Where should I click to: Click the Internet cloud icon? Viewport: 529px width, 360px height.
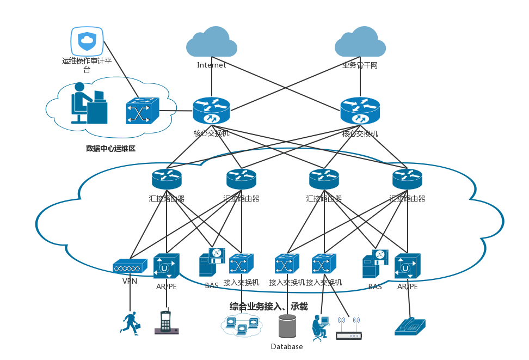pyautogui.click(x=211, y=42)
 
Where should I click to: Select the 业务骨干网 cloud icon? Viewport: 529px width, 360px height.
pyautogui.click(x=360, y=42)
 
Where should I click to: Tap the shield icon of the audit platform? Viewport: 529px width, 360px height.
pyautogui.click(x=87, y=41)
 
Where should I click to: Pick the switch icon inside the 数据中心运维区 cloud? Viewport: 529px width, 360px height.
pyautogui.click(x=142, y=111)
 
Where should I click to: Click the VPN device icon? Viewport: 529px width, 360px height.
pyautogui.click(x=130, y=266)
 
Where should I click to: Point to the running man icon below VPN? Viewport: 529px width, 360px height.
pyautogui.click(x=130, y=322)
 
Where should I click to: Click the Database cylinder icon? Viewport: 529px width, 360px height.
pyautogui.click(x=287, y=326)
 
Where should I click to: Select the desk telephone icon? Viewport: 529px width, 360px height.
pyautogui.click(x=410, y=326)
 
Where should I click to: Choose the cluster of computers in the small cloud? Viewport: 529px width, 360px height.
pyautogui.click(x=241, y=325)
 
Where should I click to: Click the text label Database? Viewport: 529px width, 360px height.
pyautogui.click(x=287, y=347)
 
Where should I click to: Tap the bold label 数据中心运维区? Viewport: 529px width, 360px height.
pyautogui.click(x=110, y=148)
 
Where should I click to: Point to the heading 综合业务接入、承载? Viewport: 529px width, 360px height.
pyautogui.click(x=268, y=306)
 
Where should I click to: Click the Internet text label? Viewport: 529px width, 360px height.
pyautogui.click(x=211, y=65)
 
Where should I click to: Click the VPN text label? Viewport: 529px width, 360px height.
pyautogui.click(x=130, y=281)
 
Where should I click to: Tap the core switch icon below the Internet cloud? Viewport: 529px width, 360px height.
pyautogui.click(x=211, y=111)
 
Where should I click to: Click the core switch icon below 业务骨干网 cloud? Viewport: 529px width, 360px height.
pyautogui.click(x=360, y=111)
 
